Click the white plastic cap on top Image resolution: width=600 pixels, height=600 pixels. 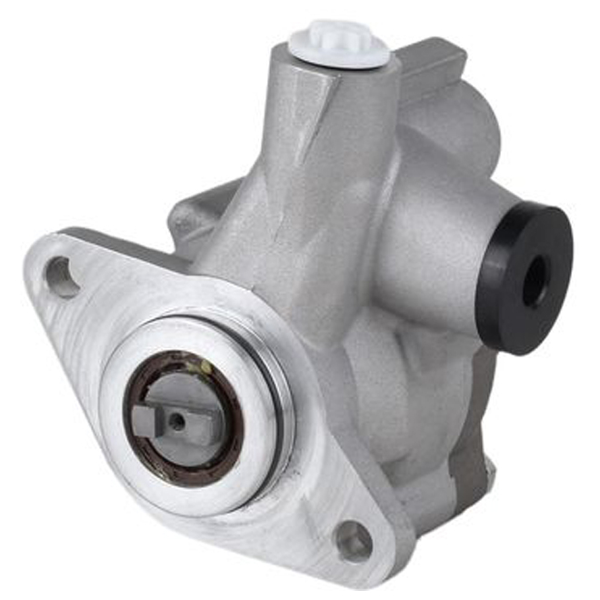(x=338, y=44)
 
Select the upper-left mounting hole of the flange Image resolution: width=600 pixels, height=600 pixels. (x=63, y=276)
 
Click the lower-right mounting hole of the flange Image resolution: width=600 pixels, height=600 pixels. (x=354, y=542)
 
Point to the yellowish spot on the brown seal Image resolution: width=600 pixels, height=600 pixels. (x=207, y=366)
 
